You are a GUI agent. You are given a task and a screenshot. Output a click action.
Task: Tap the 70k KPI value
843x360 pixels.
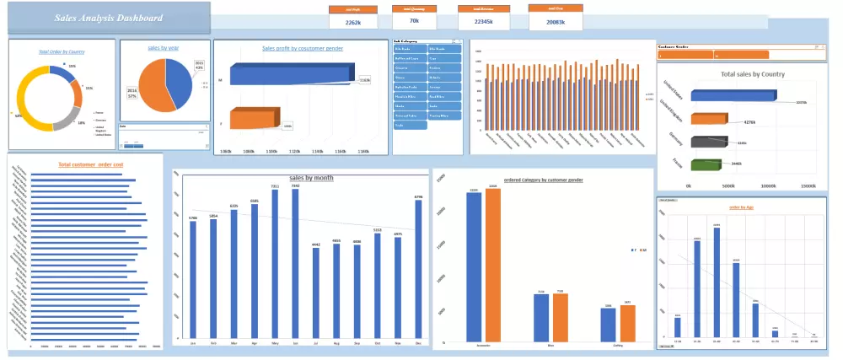click(414, 20)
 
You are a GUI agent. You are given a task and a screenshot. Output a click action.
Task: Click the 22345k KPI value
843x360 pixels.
click(483, 22)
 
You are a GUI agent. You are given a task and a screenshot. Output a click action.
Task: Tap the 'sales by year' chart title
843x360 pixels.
click(162, 48)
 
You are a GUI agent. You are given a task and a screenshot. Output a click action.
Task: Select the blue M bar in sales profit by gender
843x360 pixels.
click(291, 75)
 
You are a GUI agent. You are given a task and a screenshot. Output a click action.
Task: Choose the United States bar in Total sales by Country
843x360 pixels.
click(732, 96)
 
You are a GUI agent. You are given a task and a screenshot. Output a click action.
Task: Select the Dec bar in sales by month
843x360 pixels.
click(418, 270)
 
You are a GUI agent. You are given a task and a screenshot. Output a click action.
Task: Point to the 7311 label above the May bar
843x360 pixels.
click(275, 185)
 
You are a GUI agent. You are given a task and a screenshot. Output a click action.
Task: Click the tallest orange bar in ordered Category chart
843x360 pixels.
click(492, 265)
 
